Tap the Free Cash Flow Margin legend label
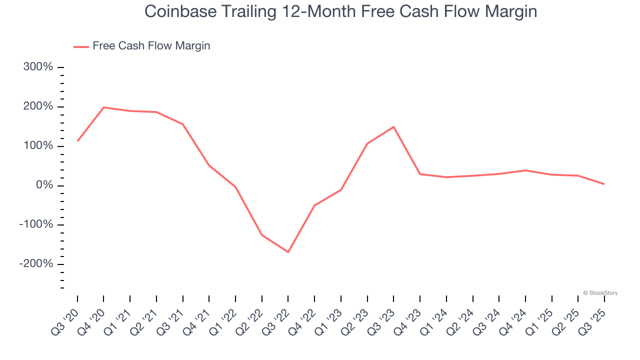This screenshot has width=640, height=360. [x=151, y=46]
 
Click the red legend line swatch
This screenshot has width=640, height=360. [x=81, y=46]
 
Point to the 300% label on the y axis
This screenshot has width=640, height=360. [x=38, y=67]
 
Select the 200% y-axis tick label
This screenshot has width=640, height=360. [x=38, y=106]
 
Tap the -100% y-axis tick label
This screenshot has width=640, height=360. [x=36, y=224]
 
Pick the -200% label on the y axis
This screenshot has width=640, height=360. [x=36, y=264]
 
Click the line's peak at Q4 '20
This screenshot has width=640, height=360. [x=103, y=107]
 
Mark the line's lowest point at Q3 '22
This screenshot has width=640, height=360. [x=288, y=252]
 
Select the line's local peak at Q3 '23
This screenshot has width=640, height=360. [x=393, y=127]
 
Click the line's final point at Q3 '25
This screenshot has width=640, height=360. [x=604, y=184]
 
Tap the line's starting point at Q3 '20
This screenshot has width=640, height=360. [x=77, y=141]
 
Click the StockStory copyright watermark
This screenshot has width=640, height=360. [x=600, y=293]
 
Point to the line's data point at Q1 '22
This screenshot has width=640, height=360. [x=235, y=187]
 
